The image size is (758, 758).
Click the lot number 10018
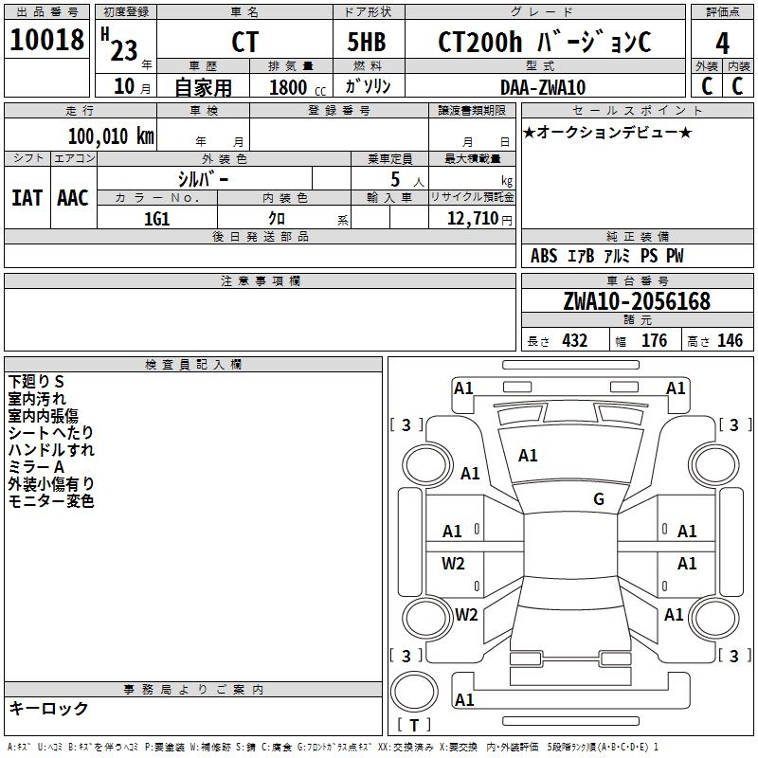(x=47, y=40)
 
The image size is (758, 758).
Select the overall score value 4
(x=722, y=43)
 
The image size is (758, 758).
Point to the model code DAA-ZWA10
(x=543, y=87)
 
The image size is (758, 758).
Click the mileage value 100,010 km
(x=111, y=136)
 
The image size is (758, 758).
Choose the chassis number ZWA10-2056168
(x=636, y=301)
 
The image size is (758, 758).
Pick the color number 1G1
(x=156, y=219)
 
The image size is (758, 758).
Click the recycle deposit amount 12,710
(x=476, y=219)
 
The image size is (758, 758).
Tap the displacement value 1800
(x=288, y=87)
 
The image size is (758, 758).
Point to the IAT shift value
(x=27, y=198)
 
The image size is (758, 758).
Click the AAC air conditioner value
(x=73, y=198)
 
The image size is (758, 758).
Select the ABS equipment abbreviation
(x=544, y=256)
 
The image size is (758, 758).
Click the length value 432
(x=574, y=340)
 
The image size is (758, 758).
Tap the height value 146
(x=730, y=340)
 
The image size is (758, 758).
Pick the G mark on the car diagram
(x=599, y=499)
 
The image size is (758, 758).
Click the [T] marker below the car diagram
(x=413, y=725)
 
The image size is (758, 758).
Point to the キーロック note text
(x=48, y=708)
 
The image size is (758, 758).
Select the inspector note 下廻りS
(x=36, y=381)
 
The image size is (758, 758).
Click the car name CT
(x=244, y=43)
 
